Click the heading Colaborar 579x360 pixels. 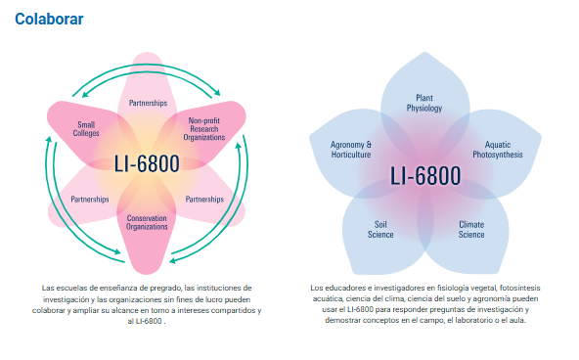[x=49, y=19]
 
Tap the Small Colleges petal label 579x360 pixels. [x=86, y=128]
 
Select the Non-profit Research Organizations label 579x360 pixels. [x=206, y=128]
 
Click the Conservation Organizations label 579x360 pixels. [x=148, y=221]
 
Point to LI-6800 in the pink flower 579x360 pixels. [x=147, y=163]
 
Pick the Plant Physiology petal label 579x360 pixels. [x=424, y=103]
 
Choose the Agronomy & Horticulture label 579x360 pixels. [x=351, y=149]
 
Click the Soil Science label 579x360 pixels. [x=380, y=229]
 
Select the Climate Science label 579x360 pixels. [x=471, y=229]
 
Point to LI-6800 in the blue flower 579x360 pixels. [x=424, y=177]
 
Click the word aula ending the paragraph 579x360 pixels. [x=518, y=320]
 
